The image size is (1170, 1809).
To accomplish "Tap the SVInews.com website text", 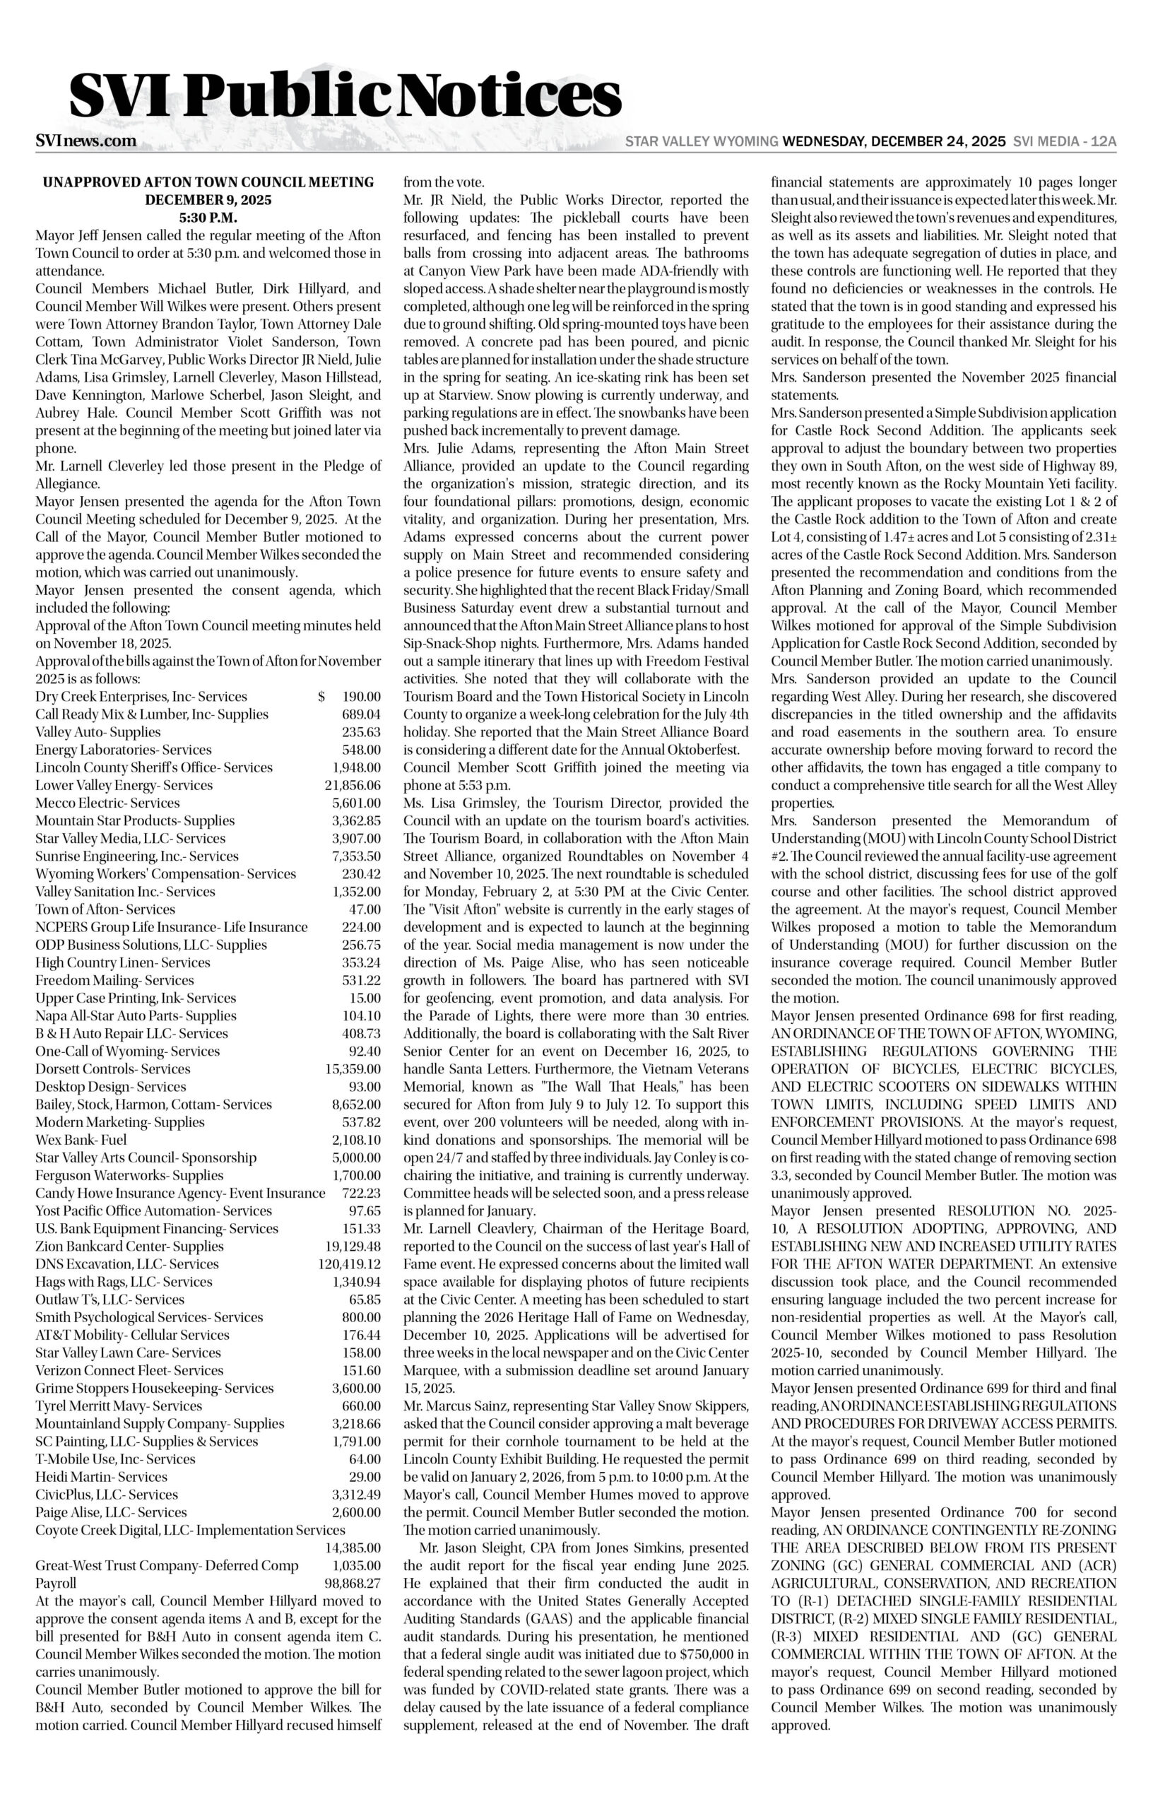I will (86, 141).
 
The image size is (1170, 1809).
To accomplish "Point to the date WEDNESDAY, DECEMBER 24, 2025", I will (894, 142).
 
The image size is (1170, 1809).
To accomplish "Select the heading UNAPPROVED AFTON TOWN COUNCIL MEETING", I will (208, 182).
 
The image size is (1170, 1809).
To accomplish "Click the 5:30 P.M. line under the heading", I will (208, 218).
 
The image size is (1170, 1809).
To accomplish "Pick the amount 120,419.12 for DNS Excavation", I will (350, 1264).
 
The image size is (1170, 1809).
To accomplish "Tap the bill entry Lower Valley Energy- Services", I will (124, 786).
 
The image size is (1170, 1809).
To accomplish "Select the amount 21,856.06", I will (353, 786).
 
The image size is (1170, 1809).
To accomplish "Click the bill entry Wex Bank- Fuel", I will (81, 1140).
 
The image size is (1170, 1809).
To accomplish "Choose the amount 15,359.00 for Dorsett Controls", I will (353, 1069).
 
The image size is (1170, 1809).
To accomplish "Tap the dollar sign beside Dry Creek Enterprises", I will (322, 697).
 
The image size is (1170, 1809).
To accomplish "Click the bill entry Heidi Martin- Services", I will (101, 1477).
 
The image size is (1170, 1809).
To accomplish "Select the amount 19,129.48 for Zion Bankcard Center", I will (353, 1246).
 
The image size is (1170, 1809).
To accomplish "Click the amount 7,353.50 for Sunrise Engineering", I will (355, 856).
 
